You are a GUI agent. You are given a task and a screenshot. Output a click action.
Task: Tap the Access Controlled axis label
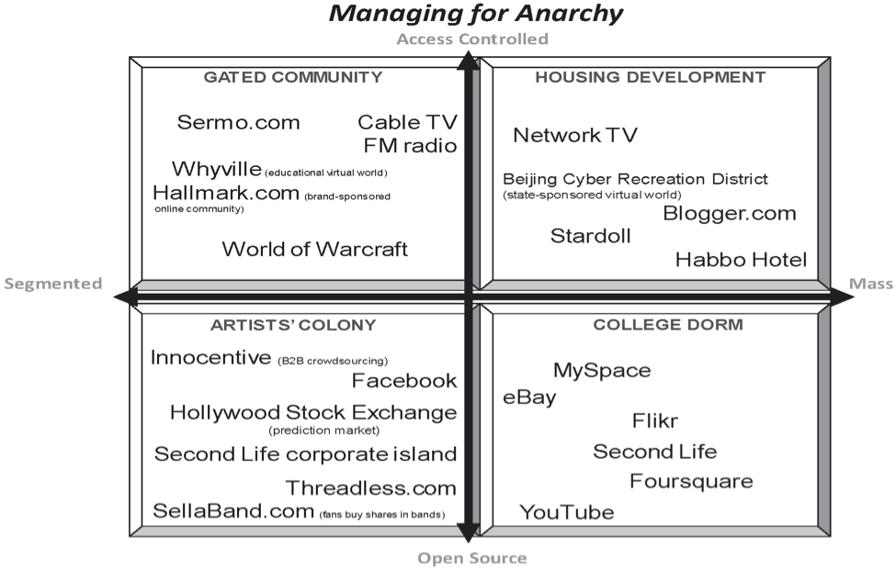coord(472,39)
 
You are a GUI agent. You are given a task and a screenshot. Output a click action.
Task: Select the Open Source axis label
coord(472,558)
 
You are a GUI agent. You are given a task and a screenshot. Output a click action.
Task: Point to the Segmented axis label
coord(53,284)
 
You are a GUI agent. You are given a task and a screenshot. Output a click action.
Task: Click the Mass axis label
coord(871,284)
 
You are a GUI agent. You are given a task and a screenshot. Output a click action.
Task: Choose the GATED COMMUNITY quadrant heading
coord(292,77)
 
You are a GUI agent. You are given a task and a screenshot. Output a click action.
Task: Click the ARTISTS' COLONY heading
coord(293,324)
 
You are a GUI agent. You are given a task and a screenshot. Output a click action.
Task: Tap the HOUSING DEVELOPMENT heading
coord(650,77)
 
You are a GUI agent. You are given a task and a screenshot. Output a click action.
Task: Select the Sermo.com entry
coord(239,122)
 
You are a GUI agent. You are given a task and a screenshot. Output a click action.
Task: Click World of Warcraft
coord(314,249)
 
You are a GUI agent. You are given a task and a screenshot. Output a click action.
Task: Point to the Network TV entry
coord(574,136)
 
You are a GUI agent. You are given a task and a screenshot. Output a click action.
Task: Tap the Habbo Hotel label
coord(741,260)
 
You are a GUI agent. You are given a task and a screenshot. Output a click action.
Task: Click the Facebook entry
coord(403,380)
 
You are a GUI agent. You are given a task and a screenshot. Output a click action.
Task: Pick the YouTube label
coord(566,512)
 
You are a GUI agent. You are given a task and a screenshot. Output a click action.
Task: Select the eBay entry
coord(529,397)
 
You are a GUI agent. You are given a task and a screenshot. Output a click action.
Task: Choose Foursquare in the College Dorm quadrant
coord(691,481)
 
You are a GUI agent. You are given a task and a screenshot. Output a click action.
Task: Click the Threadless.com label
coord(370,487)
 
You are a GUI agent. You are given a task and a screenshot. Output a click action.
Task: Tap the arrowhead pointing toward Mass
coord(841,296)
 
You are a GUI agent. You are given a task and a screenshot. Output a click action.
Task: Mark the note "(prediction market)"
coord(324,430)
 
